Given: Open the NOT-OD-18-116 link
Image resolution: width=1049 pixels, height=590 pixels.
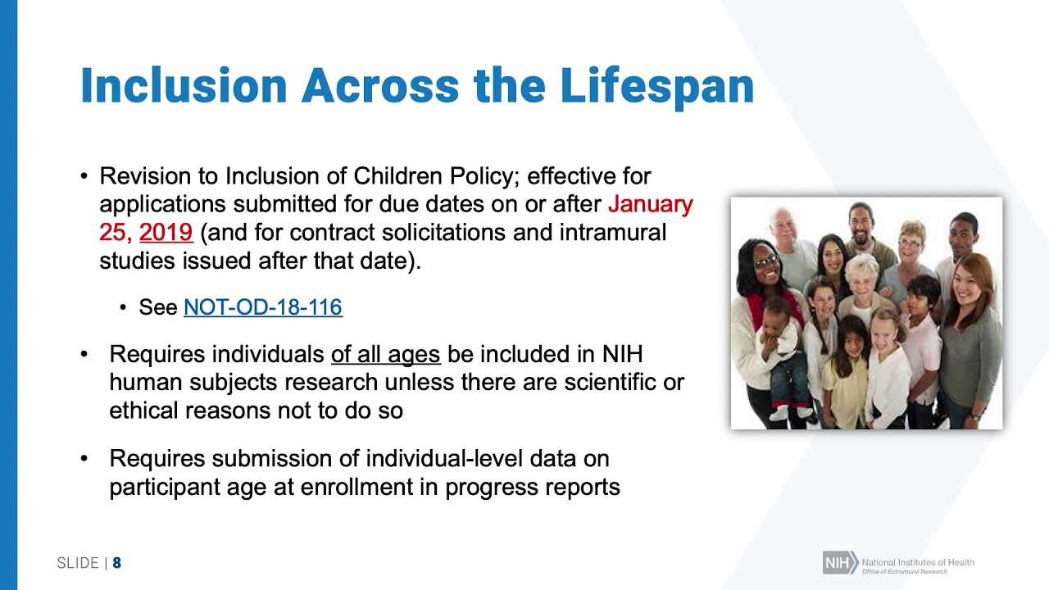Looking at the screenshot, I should [262, 307].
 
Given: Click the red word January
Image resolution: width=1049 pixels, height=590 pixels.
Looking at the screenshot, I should [651, 204].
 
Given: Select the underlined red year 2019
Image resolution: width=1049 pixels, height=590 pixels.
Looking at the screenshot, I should [166, 233].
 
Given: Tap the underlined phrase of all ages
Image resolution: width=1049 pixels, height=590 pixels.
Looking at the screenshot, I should [385, 355].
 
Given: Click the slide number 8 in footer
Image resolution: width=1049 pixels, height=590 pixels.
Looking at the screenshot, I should [117, 563].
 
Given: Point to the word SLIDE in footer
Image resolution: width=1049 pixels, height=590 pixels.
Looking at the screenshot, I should [77, 563].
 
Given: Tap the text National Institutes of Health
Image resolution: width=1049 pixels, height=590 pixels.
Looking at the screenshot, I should [918, 561].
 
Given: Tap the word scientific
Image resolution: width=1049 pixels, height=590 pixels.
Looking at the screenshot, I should [586, 383].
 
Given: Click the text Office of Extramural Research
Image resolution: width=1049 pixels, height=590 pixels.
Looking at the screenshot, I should [904, 571].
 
